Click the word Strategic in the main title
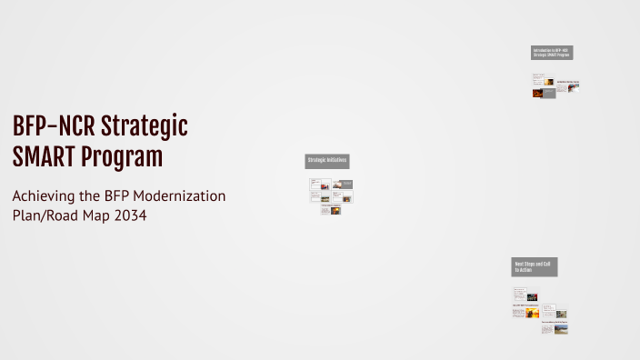145,127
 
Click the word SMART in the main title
44,158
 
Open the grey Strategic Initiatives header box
327,161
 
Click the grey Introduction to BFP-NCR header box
552,53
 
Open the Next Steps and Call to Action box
535,266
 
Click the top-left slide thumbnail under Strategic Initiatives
319,184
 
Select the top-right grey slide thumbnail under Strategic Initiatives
342,184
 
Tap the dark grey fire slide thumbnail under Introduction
549,93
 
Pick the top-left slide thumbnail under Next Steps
520,295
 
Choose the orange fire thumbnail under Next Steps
520,311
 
